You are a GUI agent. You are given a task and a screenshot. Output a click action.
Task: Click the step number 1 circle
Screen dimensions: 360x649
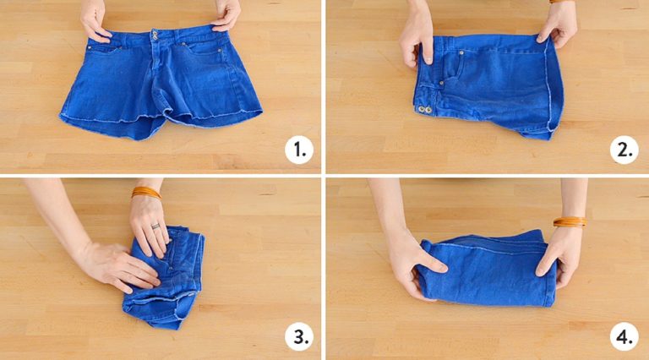click(x=298, y=150)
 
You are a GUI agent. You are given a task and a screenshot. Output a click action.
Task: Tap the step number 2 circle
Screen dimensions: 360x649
click(x=624, y=150)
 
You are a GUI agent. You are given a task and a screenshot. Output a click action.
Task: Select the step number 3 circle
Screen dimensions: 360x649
click(x=298, y=336)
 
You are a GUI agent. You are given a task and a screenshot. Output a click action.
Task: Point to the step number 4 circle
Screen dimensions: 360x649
click(x=624, y=336)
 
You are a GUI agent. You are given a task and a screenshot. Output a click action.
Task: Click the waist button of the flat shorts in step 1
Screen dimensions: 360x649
click(x=156, y=35)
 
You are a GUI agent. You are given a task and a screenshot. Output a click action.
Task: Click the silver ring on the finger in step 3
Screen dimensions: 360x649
click(x=155, y=226)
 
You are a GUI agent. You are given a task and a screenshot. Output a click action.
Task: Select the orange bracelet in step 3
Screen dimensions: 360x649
click(x=145, y=193)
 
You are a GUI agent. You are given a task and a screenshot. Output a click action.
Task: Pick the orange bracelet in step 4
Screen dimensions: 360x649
click(x=569, y=222)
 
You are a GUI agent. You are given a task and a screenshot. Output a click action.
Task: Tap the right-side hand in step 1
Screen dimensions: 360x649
click(x=226, y=15)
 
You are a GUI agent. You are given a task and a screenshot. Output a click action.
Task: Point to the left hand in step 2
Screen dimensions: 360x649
click(x=417, y=37)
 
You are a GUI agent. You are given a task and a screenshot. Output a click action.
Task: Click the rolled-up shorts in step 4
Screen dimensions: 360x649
click(x=488, y=270)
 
